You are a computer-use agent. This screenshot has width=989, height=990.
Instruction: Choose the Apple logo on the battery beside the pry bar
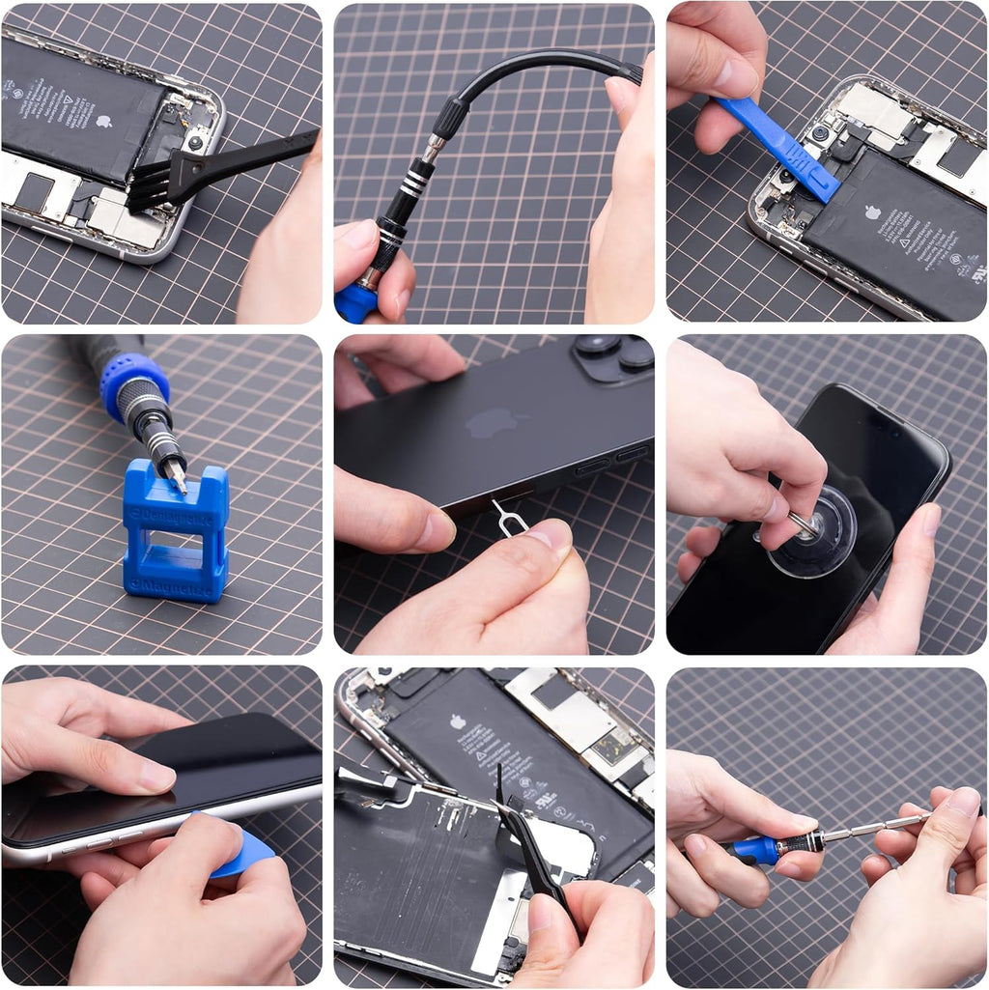[x=873, y=212]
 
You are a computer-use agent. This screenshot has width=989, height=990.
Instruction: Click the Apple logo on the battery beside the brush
[x=103, y=122]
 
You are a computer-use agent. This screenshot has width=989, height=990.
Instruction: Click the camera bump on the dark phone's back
[x=614, y=356]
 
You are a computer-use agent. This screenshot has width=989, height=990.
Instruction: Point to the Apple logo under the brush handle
[x=103, y=122]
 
